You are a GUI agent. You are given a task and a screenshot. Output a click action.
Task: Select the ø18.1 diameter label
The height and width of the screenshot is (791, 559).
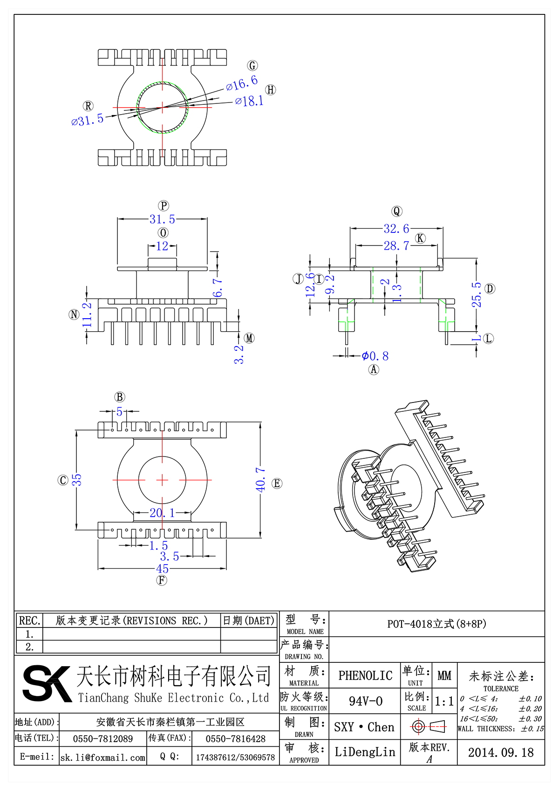250,101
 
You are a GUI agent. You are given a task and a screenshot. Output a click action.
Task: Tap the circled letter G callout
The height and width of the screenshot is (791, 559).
252,66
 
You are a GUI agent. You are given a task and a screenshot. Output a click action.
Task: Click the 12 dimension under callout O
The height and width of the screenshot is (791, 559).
162,246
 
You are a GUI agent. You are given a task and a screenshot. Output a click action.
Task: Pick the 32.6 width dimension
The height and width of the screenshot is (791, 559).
396,229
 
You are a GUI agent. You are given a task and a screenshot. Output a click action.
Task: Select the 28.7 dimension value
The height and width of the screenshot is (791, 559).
396,245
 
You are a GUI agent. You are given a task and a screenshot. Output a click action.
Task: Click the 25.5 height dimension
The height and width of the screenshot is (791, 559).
477,294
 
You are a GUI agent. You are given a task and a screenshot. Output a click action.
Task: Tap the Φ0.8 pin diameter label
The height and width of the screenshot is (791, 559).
375,356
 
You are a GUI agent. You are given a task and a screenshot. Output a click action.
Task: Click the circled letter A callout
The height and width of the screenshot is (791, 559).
374,370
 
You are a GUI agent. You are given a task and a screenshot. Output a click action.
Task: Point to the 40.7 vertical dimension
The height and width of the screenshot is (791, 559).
260,480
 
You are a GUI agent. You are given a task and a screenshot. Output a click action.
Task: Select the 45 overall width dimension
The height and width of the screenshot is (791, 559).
162,569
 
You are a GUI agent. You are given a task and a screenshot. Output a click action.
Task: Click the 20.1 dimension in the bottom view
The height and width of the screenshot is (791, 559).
162,513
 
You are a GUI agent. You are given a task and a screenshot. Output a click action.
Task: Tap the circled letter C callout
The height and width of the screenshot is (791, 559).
63,480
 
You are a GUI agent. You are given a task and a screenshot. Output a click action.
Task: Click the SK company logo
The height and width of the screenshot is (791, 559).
47,683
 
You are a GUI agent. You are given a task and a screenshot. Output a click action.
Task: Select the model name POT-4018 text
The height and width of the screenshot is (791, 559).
436,624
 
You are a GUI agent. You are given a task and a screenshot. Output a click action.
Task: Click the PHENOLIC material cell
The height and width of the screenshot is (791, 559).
365,675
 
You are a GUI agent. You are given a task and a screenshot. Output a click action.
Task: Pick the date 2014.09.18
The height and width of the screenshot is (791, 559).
501,752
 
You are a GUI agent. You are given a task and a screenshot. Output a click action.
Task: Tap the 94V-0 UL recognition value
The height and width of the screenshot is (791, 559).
365,701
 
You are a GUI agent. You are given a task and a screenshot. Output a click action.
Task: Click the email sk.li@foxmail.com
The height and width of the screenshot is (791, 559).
103,757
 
